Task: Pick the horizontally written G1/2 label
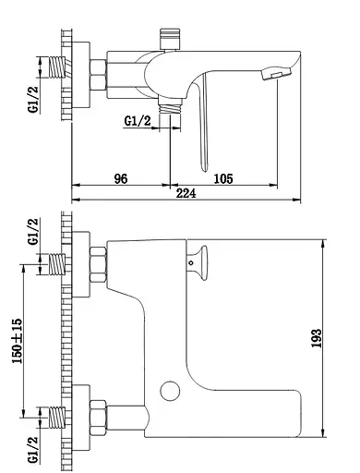tap(138, 119)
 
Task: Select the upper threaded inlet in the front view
tap(58, 264)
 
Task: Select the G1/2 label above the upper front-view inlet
tap(34, 232)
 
